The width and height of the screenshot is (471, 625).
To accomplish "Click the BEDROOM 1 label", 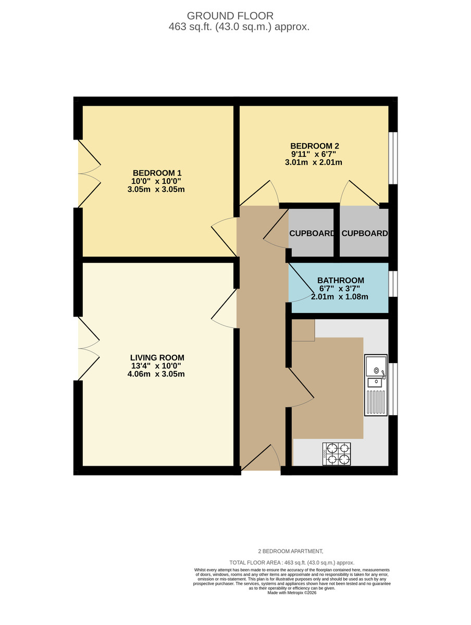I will [157, 173].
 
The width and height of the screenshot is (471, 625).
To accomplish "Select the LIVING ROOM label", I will [157, 358].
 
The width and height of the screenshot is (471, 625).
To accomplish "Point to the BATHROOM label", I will [341, 280].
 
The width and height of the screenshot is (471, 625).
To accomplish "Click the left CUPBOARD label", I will [312, 233].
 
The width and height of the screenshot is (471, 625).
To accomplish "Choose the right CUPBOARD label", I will [364, 233].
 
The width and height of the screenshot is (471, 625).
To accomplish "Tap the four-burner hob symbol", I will [337, 454].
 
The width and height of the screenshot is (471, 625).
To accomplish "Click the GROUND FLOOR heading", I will [230, 16].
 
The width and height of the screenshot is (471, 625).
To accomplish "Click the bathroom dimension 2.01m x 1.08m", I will [340, 297].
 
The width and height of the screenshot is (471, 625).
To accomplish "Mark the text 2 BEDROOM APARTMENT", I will [291, 551].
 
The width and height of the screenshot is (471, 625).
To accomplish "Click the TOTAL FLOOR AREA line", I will [292, 562].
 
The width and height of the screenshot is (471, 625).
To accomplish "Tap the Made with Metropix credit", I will [292, 593].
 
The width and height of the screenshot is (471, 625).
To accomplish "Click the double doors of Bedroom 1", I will [89, 173].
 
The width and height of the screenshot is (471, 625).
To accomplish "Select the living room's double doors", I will [89, 348].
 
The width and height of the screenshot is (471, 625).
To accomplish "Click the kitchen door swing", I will [301, 388].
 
